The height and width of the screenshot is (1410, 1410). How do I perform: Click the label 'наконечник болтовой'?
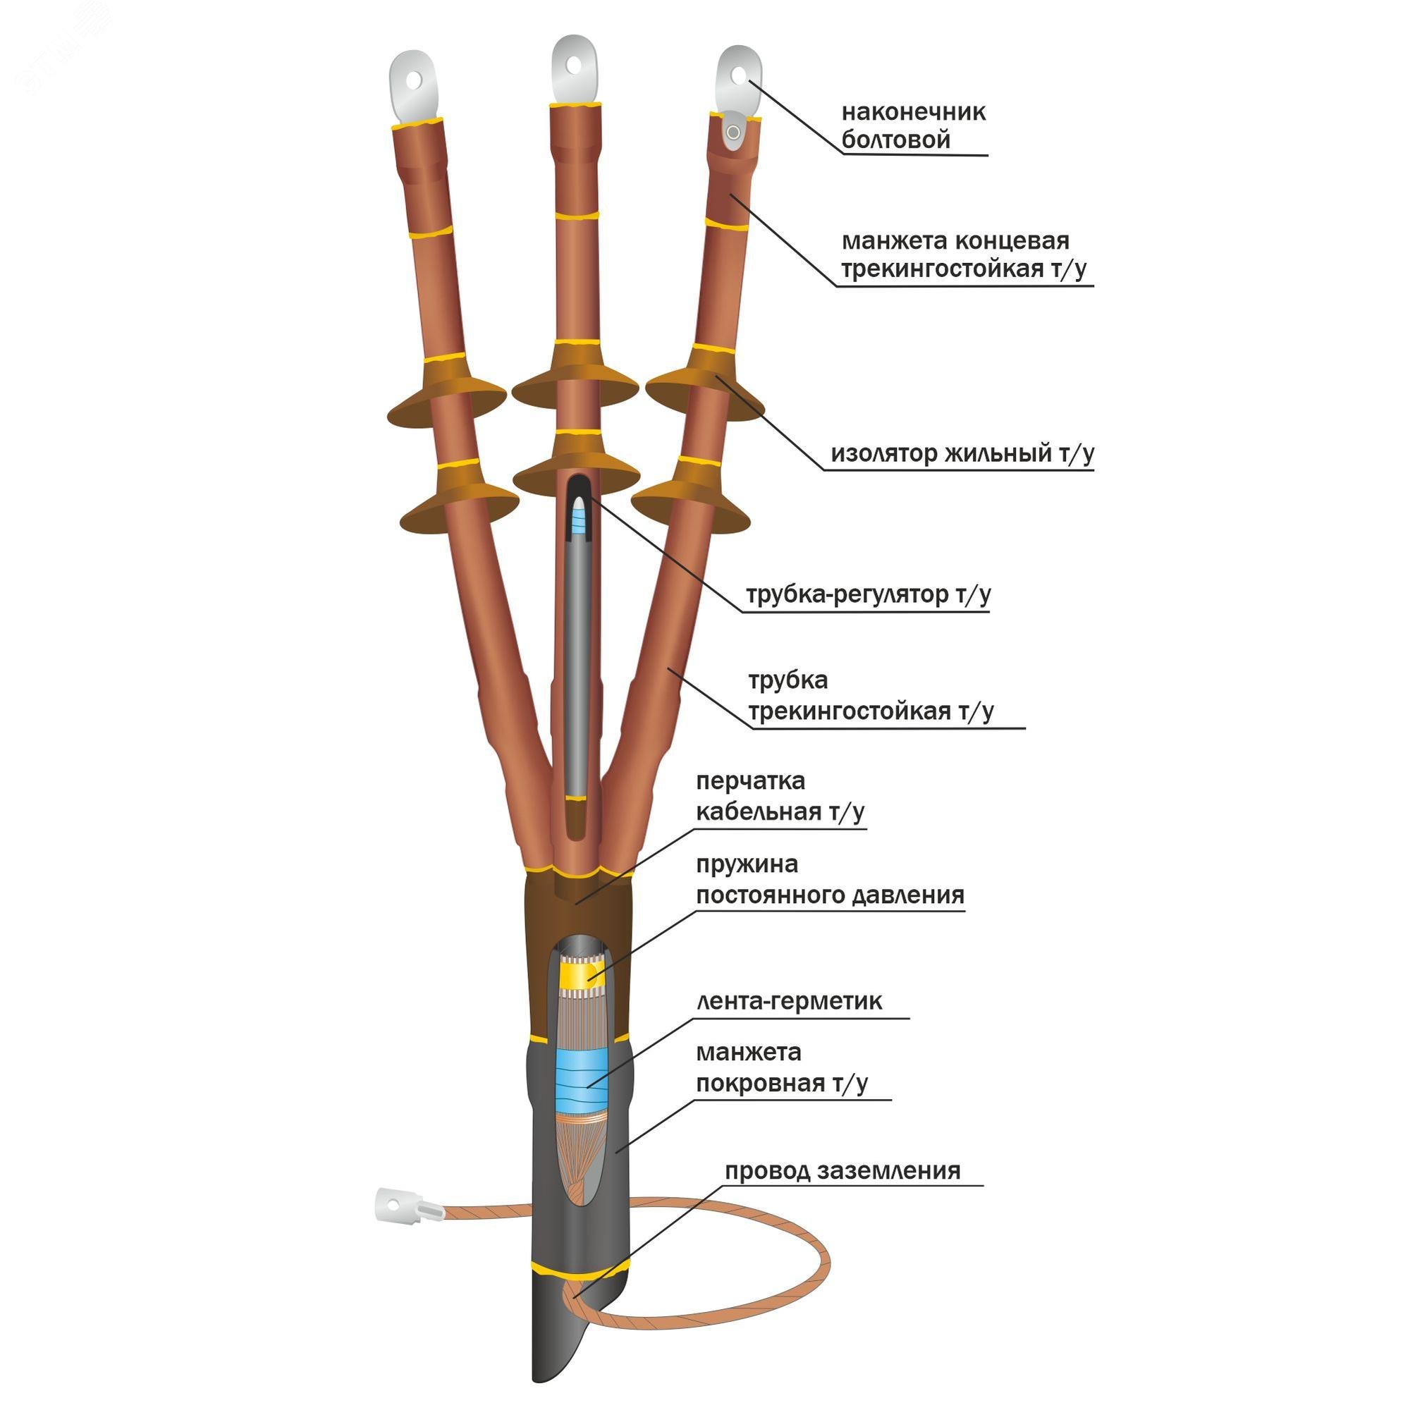(913, 125)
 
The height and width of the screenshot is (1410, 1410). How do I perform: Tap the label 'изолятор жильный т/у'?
(962, 453)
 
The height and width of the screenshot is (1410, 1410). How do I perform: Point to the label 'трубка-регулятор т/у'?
(868, 594)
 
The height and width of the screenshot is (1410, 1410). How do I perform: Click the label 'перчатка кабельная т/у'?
(780, 795)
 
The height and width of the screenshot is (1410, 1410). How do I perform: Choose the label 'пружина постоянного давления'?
(830, 879)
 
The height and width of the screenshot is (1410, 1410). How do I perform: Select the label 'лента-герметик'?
(789, 1000)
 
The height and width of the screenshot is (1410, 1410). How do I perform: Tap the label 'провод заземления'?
(842, 1171)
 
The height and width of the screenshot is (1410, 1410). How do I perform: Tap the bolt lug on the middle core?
(575, 70)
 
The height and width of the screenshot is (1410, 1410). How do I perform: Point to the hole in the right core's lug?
(739, 75)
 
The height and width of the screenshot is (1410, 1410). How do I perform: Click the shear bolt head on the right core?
(732, 132)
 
